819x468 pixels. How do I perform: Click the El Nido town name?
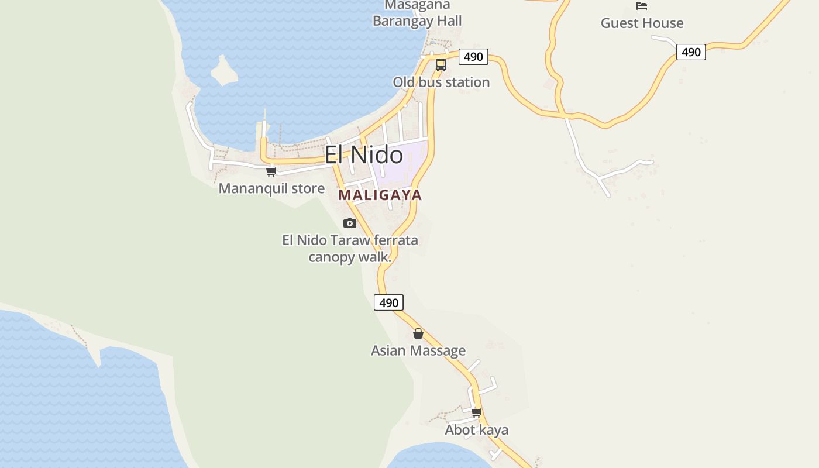click(363, 155)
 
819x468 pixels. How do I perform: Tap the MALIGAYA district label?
click(380, 195)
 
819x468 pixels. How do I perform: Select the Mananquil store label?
click(271, 188)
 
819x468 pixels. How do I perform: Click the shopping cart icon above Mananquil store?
click(271, 171)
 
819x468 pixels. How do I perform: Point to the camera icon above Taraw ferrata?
click(350, 223)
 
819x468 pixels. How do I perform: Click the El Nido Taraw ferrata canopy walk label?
click(350, 248)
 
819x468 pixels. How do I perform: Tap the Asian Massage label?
click(418, 350)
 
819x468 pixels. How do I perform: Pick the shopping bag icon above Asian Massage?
click(418, 333)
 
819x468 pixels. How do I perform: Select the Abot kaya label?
click(476, 430)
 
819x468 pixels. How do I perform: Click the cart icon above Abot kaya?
click(477, 412)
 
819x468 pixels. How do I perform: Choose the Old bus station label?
click(441, 82)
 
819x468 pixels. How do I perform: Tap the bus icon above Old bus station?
click(441, 65)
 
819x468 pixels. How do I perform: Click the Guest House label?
click(642, 23)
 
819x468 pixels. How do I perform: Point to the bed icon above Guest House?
click(642, 6)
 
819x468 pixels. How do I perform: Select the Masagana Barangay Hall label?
click(417, 14)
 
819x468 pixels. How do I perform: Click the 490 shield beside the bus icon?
click(473, 57)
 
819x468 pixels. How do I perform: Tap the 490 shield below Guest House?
click(691, 52)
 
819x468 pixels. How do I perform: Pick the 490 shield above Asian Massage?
click(388, 302)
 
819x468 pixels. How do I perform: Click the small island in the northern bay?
click(223, 70)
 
